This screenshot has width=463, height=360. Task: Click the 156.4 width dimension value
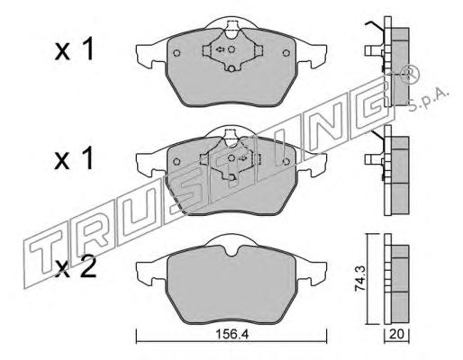click(x=231, y=334)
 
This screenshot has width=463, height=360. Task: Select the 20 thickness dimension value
click(x=396, y=334)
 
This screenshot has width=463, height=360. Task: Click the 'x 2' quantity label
click(x=76, y=268)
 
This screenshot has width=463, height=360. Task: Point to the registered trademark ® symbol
click(x=411, y=75)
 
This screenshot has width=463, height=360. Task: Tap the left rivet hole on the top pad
click(x=177, y=53)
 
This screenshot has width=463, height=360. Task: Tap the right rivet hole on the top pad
click(x=286, y=53)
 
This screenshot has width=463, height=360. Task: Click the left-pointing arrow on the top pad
click(x=221, y=49)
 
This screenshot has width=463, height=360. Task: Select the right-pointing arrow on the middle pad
click(x=242, y=157)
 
